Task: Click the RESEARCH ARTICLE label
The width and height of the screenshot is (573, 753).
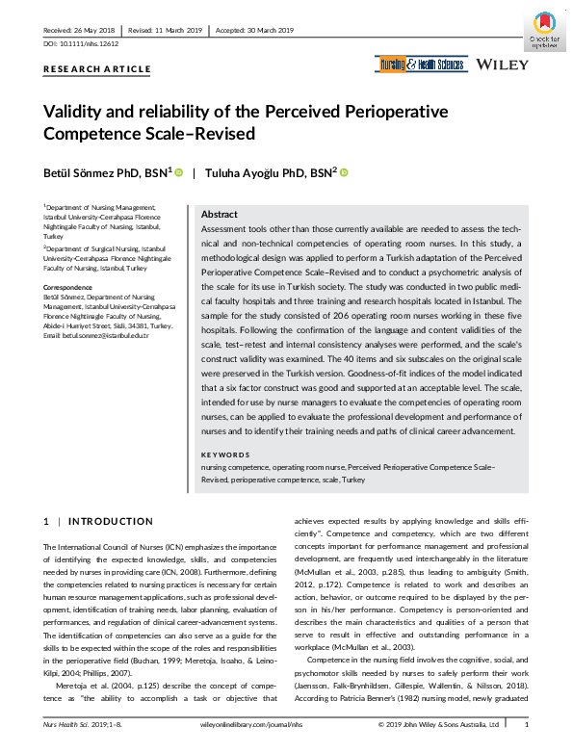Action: click(x=97, y=69)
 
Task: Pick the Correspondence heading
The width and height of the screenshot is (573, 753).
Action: click(x=68, y=287)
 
